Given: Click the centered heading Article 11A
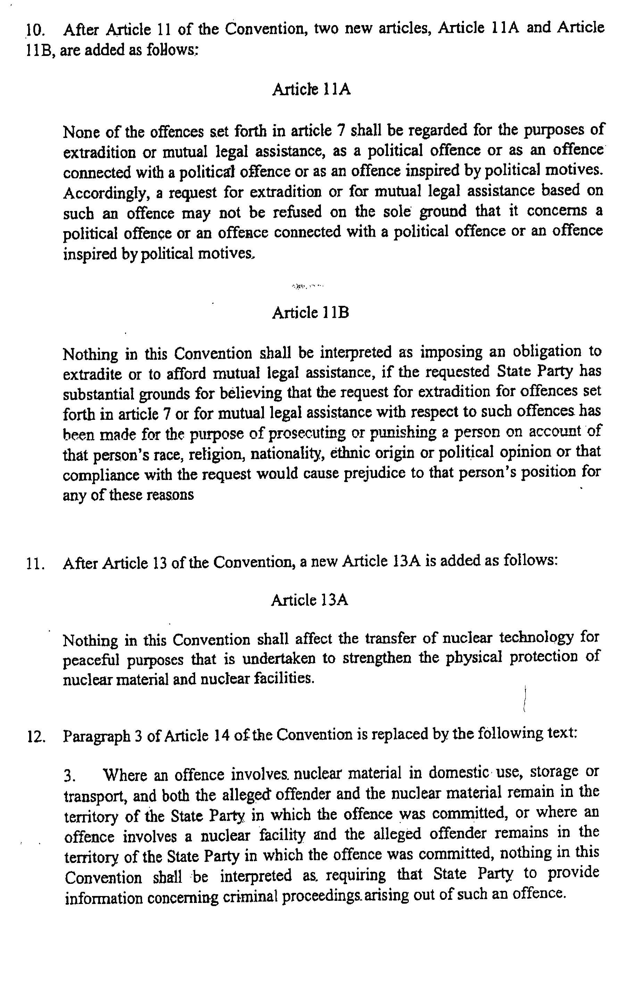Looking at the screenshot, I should [312, 89].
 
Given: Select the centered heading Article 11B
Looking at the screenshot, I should [310, 312].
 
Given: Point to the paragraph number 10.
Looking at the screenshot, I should [35, 30].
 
